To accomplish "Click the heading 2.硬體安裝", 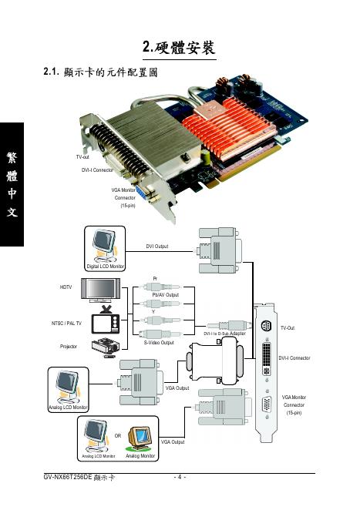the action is click(179, 48).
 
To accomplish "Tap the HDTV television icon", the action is click(100, 290).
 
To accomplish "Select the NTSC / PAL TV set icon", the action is click(106, 320).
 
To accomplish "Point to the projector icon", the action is click(106, 347).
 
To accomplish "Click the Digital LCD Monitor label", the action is click(105, 267).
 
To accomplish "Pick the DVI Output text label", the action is click(157, 247).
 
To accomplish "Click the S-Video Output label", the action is click(159, 343).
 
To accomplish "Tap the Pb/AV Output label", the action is click(165, 295).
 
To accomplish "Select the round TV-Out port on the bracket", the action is click(267, 326).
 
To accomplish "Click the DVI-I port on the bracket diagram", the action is click(267, 357).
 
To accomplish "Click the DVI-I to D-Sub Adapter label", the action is click(224, 334).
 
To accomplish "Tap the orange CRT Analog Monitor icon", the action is click(140, 438).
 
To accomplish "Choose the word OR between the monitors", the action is click(118, 435).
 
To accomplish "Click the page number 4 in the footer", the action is click(180, 477).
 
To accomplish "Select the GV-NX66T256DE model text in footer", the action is click(68, 477).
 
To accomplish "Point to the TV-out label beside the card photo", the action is click(82, 156).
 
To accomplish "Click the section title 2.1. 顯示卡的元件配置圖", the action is click(100, 72).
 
